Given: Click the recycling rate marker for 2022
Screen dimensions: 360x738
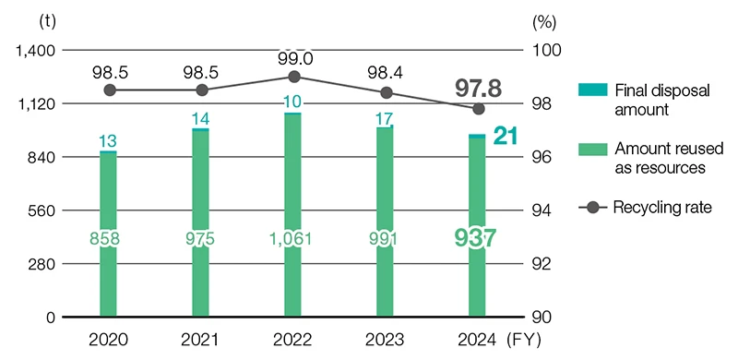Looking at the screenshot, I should (x=293, y=77).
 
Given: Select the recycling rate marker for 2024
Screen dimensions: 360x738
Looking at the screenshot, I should (x=478, y=108).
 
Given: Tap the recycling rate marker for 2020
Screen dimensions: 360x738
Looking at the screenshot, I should (x=109, y=90).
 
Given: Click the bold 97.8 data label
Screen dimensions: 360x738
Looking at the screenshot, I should (x=477, y=88).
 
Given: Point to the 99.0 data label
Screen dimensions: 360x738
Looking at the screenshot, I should (x=293, y=58).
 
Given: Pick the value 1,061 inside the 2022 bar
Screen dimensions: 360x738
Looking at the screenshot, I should (x=293, y=239).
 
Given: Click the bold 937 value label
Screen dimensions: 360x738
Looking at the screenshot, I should (x=476, y=237).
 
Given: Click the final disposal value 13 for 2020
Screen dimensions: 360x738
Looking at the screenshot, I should (x=108, y=140).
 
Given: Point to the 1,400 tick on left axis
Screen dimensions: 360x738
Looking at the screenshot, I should (x=38, y=50).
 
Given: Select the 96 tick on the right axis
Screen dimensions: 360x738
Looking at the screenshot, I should (x=542, y=157).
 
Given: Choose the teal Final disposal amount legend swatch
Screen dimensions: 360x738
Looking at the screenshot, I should (x=591, y=90).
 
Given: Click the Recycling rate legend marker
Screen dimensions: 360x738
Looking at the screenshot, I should (x=591, y=208).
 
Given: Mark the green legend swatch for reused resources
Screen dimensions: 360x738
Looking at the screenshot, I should (x=591, y=149).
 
